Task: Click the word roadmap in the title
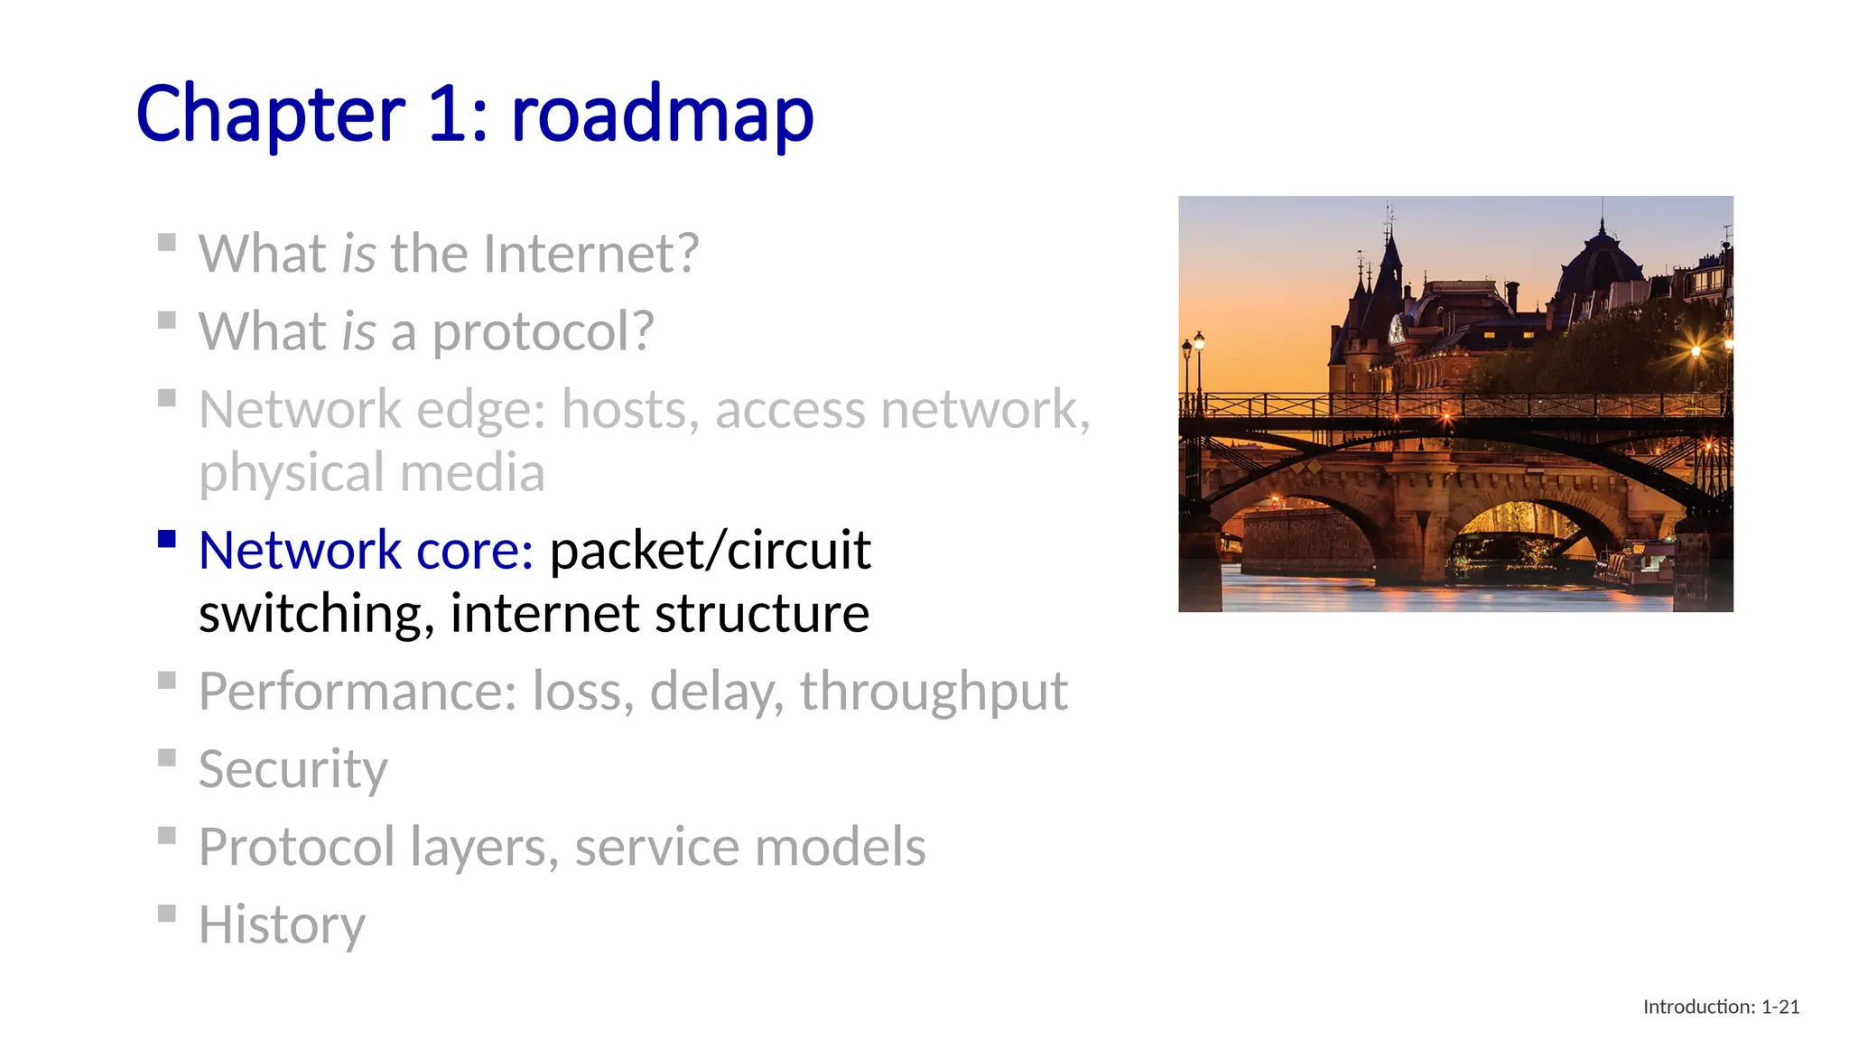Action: pyautogui.click(x=662, y=115)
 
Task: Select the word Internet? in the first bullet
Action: pyautogui.click(x=590, y=254)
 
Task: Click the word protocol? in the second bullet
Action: pyautogui.click(x=543, y=331)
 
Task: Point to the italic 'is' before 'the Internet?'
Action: pyautogui.click(x=358, y=254)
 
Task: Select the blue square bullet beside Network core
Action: pyautogui.click(x=167, y=540)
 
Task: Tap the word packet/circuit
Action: pyautogui.click(x=711, y=551)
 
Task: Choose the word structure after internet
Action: pyautogui.click(x=762, y=614)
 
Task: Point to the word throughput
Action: pyautogui.click(x=934, y=692)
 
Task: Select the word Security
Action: pyautogui.click(x=293, y=769)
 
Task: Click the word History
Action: pyautogui.click(x=282, y=924)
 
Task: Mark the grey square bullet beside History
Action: pyautogui.click(x=167, y=914)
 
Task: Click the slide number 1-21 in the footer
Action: pyautogui.click(x=1780, y=1007)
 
